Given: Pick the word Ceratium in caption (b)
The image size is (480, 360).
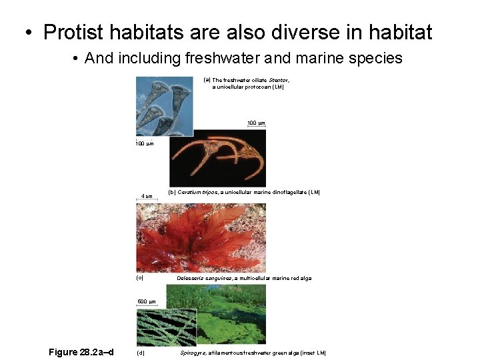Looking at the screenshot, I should (x=195, y=193).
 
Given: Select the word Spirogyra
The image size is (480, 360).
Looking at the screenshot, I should (x=192, y=352).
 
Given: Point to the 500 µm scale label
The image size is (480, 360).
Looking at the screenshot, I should (x=146, y=302).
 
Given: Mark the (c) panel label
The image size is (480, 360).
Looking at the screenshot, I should (x=139, y=278).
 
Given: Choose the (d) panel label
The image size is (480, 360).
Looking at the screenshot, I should (x=139, y=352).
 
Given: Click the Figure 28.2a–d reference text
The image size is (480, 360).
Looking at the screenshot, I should (x=81, y=351).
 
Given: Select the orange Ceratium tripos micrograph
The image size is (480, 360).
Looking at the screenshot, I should (x=219, y=157).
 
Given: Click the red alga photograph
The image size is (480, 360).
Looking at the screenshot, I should (x=201, y=237).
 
